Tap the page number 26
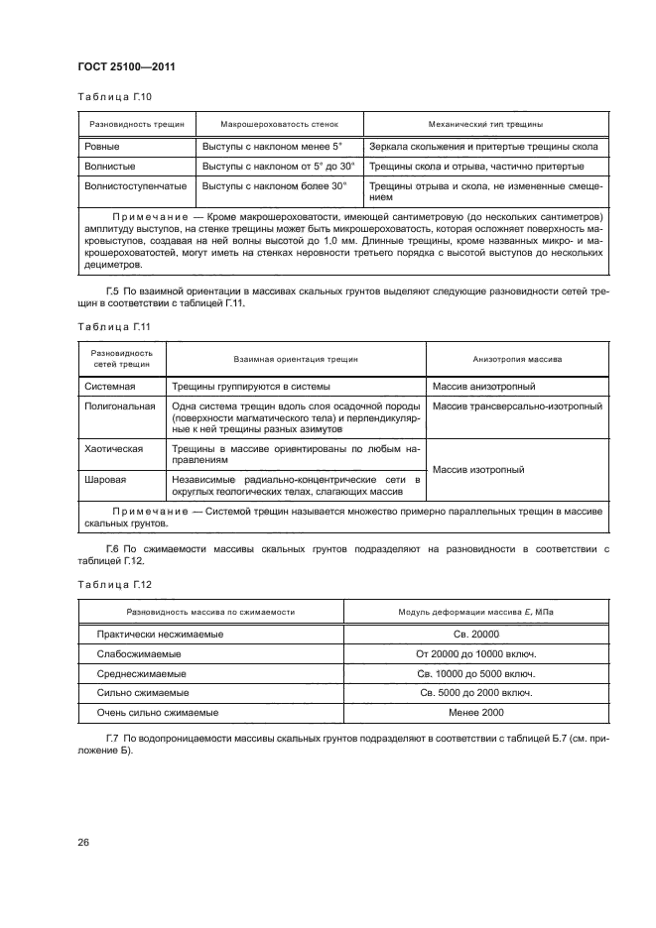84,842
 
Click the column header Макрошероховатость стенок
279,126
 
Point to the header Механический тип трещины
484,126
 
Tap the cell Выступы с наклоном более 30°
275,185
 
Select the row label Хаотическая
113,449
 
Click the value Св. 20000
474,634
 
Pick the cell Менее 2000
474,712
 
